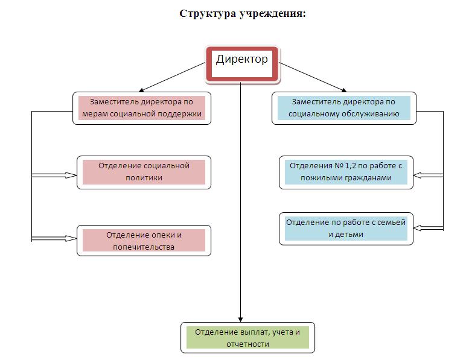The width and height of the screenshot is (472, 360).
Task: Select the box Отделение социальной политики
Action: (x=144, y=172)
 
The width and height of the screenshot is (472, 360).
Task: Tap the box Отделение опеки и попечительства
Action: (x=144, y=240)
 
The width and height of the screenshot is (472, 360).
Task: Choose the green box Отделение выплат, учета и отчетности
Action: (x=247, y=338)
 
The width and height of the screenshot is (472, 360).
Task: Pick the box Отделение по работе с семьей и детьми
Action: (x=346, y=228)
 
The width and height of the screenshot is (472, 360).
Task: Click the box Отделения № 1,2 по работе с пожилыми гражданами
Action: (x=346, y=172)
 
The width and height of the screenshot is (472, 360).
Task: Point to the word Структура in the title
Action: (x=204, y=13)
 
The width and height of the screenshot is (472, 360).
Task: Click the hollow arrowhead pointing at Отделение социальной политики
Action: (x=71, y=175)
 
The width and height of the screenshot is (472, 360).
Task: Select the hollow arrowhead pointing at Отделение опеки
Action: (x=71, y=238)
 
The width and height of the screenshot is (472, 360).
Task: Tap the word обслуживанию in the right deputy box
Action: (x=368, y=113)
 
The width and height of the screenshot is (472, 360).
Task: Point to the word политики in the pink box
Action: (x=144, y=178)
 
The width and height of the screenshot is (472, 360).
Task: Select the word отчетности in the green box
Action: (x=248, y=344)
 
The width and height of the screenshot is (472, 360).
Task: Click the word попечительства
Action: (x=144, y=247)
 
